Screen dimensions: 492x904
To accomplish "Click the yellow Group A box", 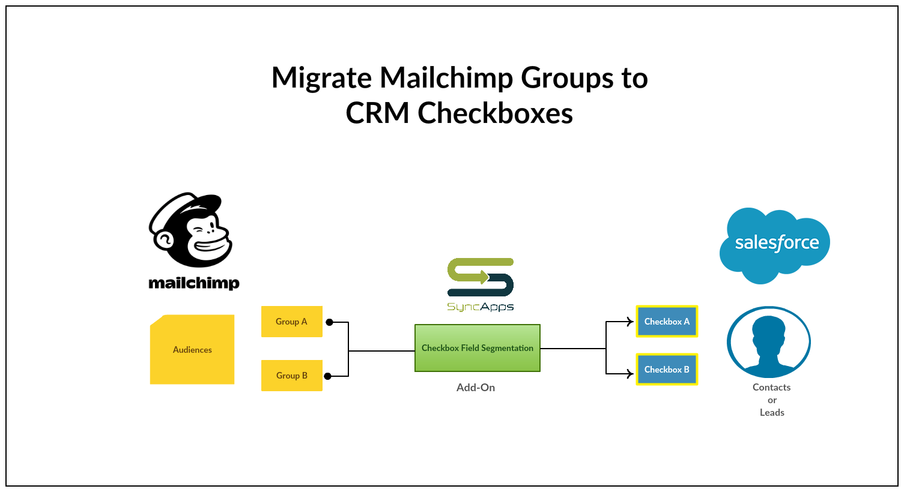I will [291, 322].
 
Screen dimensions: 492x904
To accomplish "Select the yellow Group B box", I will [291, 376].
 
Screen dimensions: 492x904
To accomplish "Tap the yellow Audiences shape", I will [192, 350].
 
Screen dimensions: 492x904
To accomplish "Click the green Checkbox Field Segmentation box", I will [477, 348].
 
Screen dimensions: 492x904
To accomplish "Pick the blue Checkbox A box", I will [667, 322].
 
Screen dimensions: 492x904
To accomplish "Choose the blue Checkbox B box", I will [667, 370].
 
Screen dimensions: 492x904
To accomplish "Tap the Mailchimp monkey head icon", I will [190, 230].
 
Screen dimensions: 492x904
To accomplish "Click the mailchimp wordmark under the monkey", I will [193, 283].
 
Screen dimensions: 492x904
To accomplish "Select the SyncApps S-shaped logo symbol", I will [480, 277].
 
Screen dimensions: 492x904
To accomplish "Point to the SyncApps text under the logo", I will [480, 307].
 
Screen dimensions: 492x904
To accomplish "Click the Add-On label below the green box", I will [475, 388].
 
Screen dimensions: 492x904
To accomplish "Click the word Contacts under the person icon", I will [771, 388].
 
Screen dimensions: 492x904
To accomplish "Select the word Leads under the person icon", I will [772, 413].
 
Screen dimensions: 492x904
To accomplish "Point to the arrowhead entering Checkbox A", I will [630, 322].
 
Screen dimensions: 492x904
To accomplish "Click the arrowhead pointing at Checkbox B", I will [630, 374].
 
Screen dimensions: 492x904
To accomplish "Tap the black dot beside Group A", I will [329, 322].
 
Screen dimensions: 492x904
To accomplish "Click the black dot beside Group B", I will [328, 376].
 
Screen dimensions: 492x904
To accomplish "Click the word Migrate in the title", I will [321, 78].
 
